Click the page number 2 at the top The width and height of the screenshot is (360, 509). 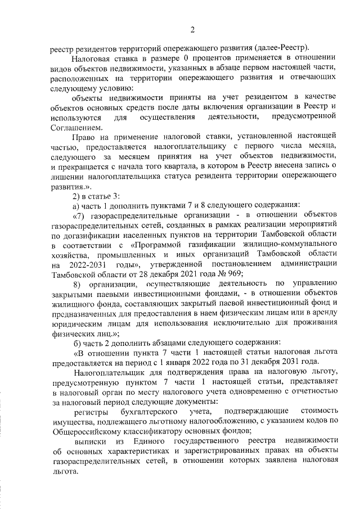[x=192, y=30]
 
